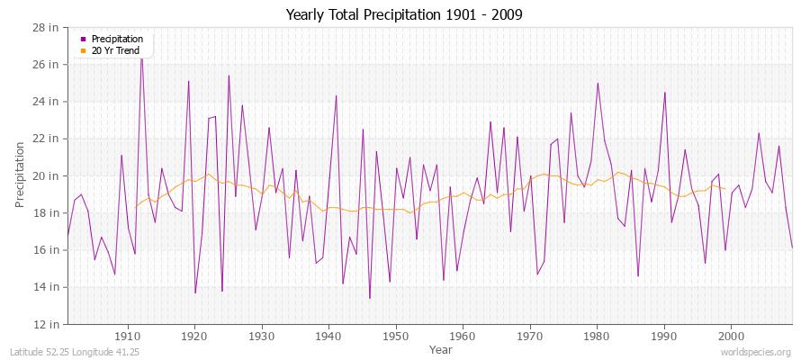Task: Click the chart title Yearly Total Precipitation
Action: pyautogui.click(x=404, y=15)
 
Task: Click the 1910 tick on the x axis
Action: pyautogui.click(x=128, y=336)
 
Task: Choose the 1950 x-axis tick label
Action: pyautogui.click(x=395, y=336)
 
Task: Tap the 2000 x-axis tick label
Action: pyautogui.click(x=730, y=336)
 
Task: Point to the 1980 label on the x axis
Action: pyautogui.click(x=597, y=336)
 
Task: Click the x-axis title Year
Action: pyautogui.click(x=441, y=348)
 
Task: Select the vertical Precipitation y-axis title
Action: pyautogui.click(x=20, y=175)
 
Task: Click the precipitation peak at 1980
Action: pyautogui.click(x=598, y=83)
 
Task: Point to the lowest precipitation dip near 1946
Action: pyautogui.click(x=370, y=298)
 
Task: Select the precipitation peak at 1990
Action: pyautogui.click(x=665, y=92)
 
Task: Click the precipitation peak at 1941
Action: pyautogui.click(x=337, y=95)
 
